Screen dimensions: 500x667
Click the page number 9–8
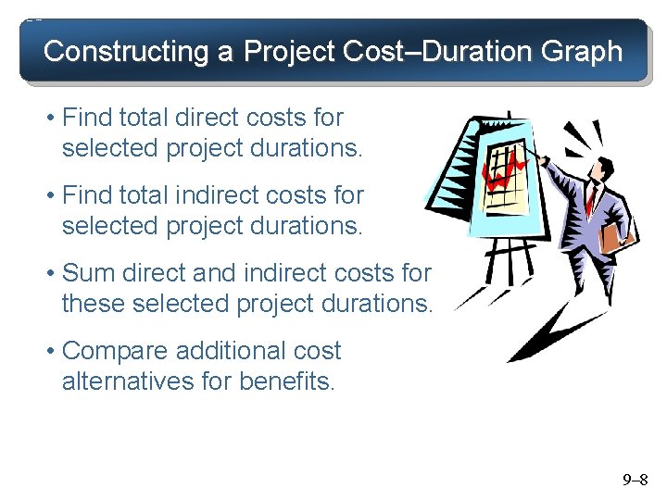636,480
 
